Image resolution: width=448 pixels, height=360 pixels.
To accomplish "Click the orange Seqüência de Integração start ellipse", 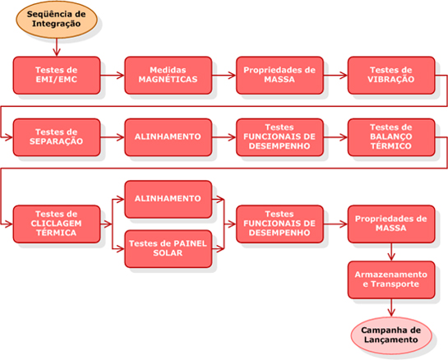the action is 57,19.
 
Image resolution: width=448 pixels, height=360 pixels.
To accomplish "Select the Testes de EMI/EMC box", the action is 57,75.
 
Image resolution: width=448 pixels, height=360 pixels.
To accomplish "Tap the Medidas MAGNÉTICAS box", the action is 168,75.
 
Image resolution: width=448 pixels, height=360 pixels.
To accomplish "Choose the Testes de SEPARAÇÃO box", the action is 57,137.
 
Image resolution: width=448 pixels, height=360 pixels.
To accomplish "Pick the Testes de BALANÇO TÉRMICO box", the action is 391,137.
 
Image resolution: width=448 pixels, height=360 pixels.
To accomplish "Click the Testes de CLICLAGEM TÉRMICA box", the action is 57,224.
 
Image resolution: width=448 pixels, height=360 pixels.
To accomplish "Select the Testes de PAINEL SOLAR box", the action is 168,249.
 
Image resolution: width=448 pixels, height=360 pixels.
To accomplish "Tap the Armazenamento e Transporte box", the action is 391,279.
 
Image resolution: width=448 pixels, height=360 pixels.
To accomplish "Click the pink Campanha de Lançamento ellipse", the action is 391,335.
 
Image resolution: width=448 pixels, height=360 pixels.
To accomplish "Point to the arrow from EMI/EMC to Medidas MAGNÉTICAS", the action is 113,76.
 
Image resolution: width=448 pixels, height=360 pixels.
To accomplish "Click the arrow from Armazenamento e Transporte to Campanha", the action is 391,307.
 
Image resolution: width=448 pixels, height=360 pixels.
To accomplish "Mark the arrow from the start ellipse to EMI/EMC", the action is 57,47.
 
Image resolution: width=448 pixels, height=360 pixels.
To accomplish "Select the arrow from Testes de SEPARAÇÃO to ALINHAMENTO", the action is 113,137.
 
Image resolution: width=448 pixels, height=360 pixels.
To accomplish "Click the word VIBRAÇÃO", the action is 390,80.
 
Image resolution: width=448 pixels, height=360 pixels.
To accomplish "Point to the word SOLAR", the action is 168,253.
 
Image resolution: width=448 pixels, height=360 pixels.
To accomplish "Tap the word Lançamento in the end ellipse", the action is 390,339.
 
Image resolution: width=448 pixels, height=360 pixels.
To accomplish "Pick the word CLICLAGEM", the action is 56,224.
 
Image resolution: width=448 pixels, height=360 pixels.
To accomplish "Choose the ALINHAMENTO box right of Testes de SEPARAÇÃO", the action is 168,137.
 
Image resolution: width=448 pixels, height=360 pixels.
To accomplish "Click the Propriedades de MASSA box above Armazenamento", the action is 391,224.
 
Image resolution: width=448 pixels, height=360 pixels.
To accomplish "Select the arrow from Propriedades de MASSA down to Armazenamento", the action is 391,252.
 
